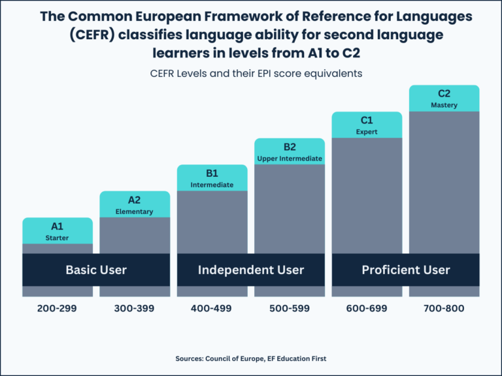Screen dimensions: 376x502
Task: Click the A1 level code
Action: click(x=58, y=227)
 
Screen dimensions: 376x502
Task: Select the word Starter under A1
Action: click(x=58, y=238)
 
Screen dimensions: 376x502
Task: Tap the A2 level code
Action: click(x=134, y=200)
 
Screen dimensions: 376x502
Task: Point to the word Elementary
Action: click(x=134, y=211)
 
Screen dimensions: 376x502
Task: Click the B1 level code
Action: click(x=212, y=173)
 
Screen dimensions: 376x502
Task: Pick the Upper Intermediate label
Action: click(x=290, y=159)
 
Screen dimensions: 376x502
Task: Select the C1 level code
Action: click(x=367, y=120)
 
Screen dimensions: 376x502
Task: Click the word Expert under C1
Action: click(x=367, y=132)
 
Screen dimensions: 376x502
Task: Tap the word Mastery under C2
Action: click(x=444, y=105)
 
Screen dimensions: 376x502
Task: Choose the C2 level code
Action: click(x=444, y=93)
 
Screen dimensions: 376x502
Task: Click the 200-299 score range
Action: click(x=58, y=307)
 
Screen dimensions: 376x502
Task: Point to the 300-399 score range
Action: click(x=134, y=307)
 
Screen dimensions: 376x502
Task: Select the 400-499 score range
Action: click(x=212, y=307)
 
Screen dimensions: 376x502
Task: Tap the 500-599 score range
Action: click(x=290, y=307)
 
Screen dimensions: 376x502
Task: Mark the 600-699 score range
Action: click(x=367, y=307)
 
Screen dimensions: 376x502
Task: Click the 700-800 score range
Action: click(x=444, y=307)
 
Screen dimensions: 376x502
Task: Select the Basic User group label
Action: click(x=96, y=270)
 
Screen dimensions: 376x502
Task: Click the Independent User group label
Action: click(x=251, y=270)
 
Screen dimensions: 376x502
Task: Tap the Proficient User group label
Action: click(x=406, y=270)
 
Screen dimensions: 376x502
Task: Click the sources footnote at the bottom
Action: click(x=251, y=358)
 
